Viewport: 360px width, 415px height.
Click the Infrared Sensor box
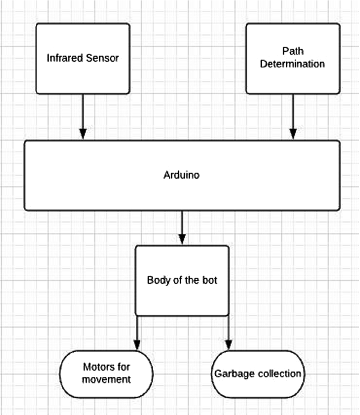click(x=83, y=58)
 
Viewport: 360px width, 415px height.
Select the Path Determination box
click(x=293, y=58)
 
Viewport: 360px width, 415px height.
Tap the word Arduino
click(x=182, y=175)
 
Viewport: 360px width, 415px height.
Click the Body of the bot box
click(x=182, y=280)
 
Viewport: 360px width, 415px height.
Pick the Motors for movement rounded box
click(x=106, y=374)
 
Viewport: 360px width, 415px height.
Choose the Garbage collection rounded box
click(x=257, y=374)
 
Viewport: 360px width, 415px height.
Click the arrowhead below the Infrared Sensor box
click(x=83, y=134)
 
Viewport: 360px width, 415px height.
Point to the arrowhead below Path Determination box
click(x=292, y=134)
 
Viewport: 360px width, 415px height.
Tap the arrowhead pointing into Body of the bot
click(x=182, y=239)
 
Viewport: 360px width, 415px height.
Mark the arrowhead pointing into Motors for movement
click(x=137, y=344)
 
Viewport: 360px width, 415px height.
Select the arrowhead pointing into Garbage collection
click(x=228, y=344)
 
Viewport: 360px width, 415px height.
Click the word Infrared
click(x=64, y=58)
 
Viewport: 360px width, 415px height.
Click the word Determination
click(x=292, y=64)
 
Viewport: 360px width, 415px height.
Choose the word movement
click(x=107, y=380)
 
